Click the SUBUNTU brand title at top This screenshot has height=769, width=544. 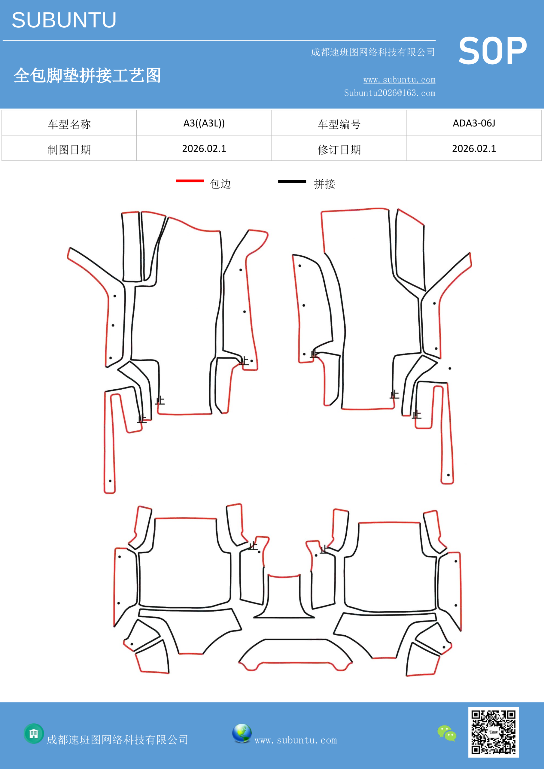(x=64, y=20)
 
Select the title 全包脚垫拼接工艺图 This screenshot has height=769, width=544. (x=87, y=75)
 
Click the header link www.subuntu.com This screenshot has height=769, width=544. (x=399, y=80)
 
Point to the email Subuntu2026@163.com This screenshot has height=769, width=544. (x=390, y=93)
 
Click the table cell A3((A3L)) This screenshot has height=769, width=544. (x=204, y=123)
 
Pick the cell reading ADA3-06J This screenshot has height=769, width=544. (x=474, y=123)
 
